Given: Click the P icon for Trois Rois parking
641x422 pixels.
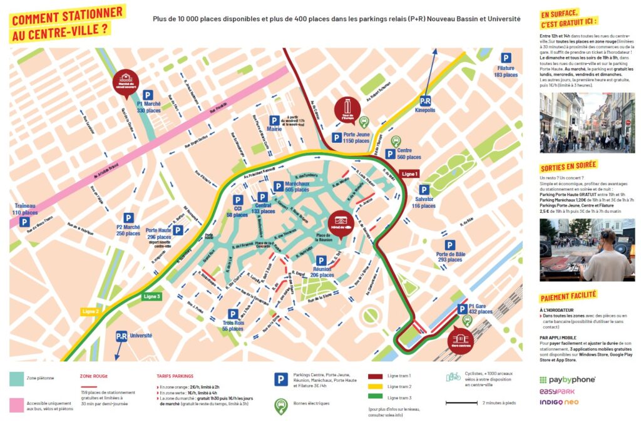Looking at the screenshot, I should tap(233, 314).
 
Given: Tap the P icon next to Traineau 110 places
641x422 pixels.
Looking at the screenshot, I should tap(24, 222).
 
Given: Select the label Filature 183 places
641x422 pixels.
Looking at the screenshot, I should tap(506, 71).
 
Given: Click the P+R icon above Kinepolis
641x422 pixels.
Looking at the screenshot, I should tap(425, 101).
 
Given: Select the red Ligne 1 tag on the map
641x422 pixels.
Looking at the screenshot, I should tap(409, 173).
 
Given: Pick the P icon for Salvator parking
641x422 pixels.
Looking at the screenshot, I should tap(424, 190).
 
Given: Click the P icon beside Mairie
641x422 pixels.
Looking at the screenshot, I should tap(274, 120).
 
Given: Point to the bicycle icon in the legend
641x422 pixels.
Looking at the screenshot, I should tap(453, 378).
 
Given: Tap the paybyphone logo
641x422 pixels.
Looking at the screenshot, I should tap(567, 379).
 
